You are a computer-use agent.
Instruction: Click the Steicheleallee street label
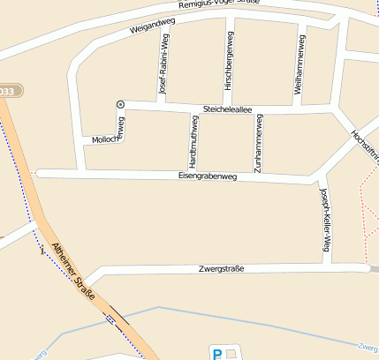pyautogui.click(x=228, y=109)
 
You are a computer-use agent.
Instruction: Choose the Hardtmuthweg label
pyautogui.click(x=194, y=141)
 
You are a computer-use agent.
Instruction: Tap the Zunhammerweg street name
pyautogui.click(x=258, y=142)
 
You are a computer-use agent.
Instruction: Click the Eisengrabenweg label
pyautogui.click(x=208, y=176)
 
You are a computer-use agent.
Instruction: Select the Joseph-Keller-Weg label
pyautogui.click(x=325, y=221)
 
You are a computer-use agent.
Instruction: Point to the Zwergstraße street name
pyautogui.click(x=222, y=267)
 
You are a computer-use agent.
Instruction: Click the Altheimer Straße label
pyautogui.click(x=73, y=274)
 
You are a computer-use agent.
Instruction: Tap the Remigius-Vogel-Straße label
pyautogui.click(x=218, y=4)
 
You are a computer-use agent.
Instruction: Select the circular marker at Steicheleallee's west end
pyautogui.click(x=121, y=104)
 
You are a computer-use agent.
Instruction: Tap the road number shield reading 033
pyautogui.click(x=7, y=91)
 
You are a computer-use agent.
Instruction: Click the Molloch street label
pyautogui.click(x=104, y=139)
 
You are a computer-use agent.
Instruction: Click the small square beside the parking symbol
pyautogui.click(x=232, y=354)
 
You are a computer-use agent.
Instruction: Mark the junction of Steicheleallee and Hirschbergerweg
pyautogui.click(x=229, y=109)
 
